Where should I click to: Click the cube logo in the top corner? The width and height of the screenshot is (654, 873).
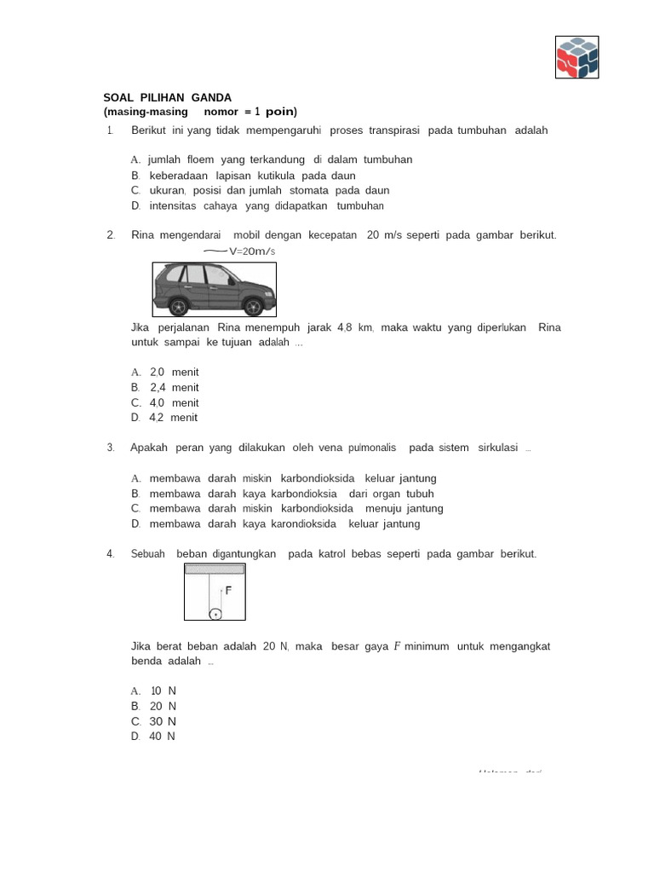pyautogui.click(x=577, y=57)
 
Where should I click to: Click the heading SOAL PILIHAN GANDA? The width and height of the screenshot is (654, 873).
pyautogui.click(x=167, y=98)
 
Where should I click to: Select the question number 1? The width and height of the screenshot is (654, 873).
pyautogui.click(x=110, y=130)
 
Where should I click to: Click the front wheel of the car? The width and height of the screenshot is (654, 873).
pyautogui.click(x=253, y=304)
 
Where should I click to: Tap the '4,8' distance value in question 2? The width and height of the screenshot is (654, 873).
pyautogui.click(x=345, y=327)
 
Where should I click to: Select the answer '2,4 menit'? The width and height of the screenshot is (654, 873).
pyautogui.click(x=174, y=387)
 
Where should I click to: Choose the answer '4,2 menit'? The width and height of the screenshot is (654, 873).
pyautogui.click(x=173, y=418)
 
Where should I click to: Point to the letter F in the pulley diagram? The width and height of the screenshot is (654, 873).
pyautogui.click(x=228, y=589)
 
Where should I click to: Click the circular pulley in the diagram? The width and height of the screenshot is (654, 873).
pyautogui.click(x=215, y=613)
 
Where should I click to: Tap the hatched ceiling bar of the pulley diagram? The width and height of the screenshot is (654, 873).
pyautogui.click(x=215, y=569)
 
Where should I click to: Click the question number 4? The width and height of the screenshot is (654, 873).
pyautogui.click(x=110, y=554)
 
